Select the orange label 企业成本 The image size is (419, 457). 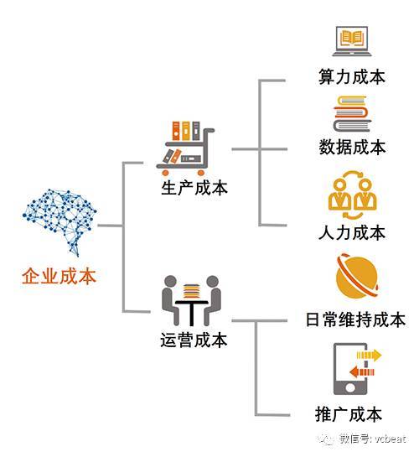pos(59,277)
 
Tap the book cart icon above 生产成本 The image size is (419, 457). pos(185,148)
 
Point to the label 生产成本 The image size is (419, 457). pos(194,188)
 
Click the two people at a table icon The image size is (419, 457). pos(191,300)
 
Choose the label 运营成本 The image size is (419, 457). pos(194,340)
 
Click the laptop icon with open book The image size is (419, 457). pos(352,41)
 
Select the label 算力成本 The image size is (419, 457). pos(352,77)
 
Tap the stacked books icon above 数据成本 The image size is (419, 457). pos(352,114)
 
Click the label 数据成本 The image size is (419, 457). pos(352,147)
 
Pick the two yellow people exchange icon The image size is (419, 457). pos(352,195)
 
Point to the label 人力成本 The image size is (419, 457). pos(352,232)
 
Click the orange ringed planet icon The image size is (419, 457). pos(357,276)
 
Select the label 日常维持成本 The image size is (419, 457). pos(355,319)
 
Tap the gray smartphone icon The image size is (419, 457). pos(350,369)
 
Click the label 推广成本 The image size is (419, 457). pos(349,414)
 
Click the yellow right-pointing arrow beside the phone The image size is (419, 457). pos(369,355)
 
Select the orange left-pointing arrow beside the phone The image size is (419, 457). pos(362,372)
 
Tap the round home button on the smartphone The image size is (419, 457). pos(350,387)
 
